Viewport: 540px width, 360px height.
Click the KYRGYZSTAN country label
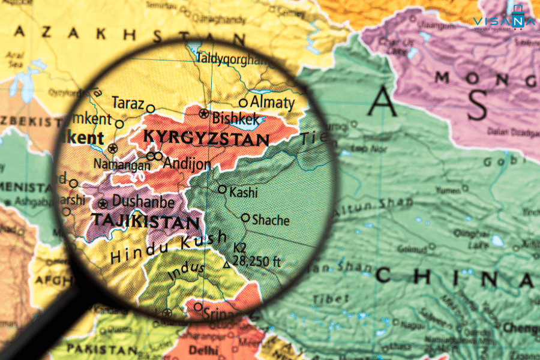click(206, 139)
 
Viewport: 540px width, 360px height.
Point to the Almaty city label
click(272, 102)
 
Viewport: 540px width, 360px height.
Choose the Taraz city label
click(128, 103)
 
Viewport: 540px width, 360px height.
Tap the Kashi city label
click(244, 192)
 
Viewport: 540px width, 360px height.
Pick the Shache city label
click(271, 220)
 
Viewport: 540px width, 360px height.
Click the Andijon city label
click(187, 163)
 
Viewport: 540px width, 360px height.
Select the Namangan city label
click(122, 164)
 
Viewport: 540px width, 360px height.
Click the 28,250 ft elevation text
click(256, 261)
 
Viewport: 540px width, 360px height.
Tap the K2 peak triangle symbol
click(226, 265)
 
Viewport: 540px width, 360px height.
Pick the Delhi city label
click(203, 349)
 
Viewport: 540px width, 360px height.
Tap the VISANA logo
click(503, 22)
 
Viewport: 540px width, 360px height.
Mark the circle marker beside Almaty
click(243, 103)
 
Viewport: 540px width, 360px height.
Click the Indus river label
click(182, 271)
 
